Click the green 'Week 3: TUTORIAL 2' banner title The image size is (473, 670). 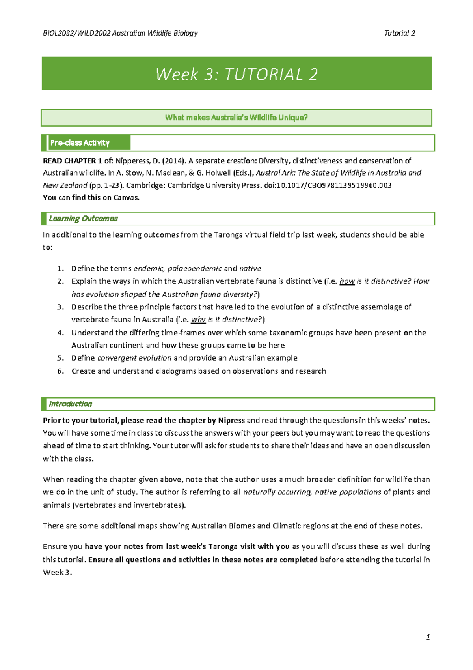(x=236, y=74)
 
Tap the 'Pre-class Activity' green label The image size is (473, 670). (x=80, y=143)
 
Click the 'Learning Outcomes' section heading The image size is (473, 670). (x=83, y=219)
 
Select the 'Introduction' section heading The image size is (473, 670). (x=70, y=404)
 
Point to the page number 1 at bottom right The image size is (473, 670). (x=428, y=637)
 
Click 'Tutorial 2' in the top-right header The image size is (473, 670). (x=399, y=33)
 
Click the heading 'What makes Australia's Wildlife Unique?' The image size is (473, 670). (x=236, y=118)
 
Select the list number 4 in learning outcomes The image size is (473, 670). (x=60, y=333)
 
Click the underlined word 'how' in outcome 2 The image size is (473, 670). (x=347, y=281)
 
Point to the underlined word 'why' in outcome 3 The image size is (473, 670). (x=198, y=320)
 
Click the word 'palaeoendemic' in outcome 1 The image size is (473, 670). (x=195, y=269)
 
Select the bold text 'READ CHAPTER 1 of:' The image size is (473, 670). (x=78, y=161)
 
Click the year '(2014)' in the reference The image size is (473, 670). (x=173, y=161)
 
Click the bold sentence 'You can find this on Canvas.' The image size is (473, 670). (x=91, y=198)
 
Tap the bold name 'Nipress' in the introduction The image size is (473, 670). (x=231, y=421)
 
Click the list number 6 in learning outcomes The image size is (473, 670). (x=60, y=371)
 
